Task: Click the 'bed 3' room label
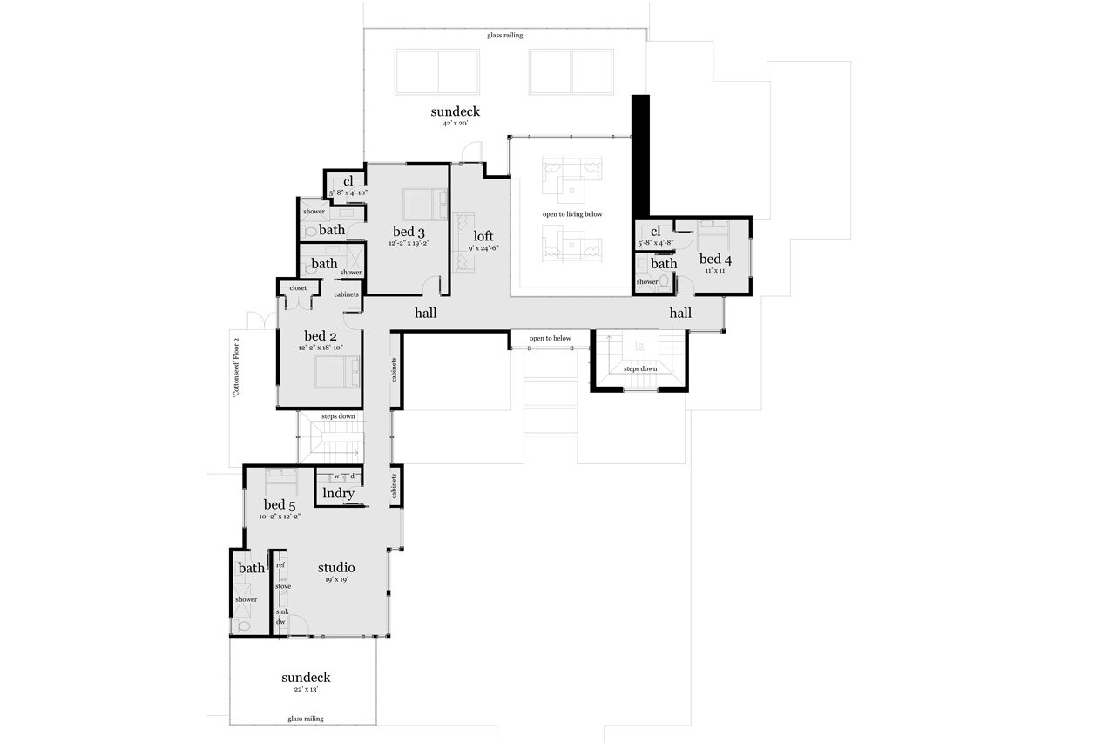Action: [408, 232]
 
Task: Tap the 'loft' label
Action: [483, 236]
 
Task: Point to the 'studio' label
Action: [335, 568]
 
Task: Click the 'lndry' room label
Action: [338, 493]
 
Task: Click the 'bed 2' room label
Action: [320, 336]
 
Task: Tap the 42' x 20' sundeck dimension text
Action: [455, 124]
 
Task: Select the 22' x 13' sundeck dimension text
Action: [305, 689]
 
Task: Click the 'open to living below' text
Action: [571, 214]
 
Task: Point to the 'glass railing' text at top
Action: [504, 36]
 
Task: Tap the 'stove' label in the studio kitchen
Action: [282, 586]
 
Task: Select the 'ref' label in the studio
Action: [280, 565]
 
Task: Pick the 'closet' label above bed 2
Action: [298, 287]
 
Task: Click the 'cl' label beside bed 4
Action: [655, 231]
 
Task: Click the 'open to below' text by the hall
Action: [550, 338]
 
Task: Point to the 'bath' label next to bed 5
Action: [251, 568]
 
